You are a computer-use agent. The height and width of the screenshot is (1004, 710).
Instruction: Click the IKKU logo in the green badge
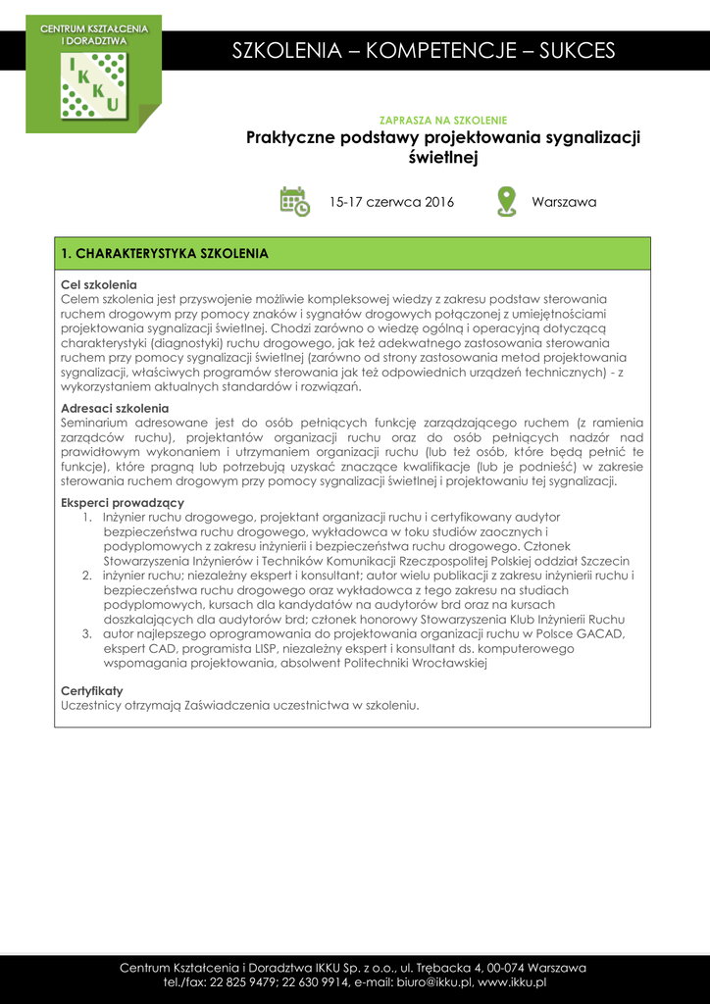(93, 86)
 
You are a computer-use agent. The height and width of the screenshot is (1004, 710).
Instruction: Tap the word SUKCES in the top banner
(577, 51)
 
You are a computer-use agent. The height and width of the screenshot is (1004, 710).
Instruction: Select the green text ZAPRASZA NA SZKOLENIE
(442, 120)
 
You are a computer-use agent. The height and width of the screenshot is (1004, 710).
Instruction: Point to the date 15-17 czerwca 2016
(391, 203)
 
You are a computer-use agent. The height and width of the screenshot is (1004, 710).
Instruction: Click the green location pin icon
(506, 202)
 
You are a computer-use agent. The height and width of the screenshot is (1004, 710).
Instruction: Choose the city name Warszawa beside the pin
(564, 203)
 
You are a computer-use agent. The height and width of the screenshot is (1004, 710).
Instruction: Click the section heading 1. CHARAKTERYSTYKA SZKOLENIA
(165, 254)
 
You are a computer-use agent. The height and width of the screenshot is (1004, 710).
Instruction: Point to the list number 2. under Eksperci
(87, 576)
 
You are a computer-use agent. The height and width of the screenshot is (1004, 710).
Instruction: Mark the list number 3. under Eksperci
(87, 633)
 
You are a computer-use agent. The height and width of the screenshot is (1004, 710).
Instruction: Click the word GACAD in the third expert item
(605, 633)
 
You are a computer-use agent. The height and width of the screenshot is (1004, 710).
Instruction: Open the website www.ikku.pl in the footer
(512, 981)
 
